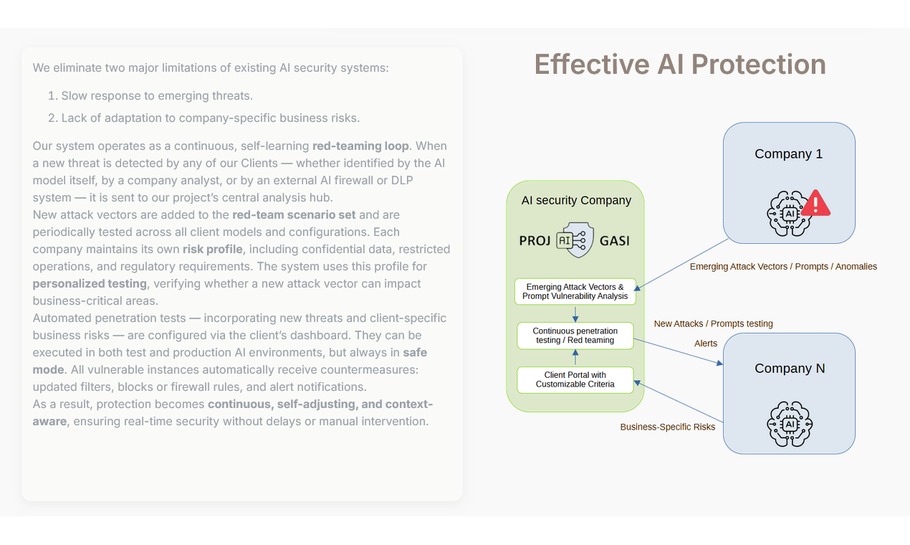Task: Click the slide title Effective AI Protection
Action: click(x=679, y=65)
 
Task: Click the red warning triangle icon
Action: click(x=815, y=204)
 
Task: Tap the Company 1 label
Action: click(x=788, y=154)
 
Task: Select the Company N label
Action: click(x=790, y=369)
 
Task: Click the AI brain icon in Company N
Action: click(x=790, y=425)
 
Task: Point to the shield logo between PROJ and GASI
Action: click(x=575, y=240)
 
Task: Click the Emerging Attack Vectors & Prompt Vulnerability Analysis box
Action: click(x=575, y=292)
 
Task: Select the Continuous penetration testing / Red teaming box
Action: click(x=575, y=336)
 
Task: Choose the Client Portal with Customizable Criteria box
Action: click(x=575, y=380)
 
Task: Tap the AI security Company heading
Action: click(x=576, y=201)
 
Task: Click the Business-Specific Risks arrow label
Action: click(x=667, y=427)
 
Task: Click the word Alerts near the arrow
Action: click(x=705, y=343)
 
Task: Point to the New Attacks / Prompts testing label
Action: click(x=713, y=324)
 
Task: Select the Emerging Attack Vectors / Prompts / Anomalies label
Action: click(x=783, y=267)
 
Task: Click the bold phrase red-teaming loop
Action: click(x=360, y=146)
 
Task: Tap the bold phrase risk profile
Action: click(x=212, y=250)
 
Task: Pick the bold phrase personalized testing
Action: click(x=90, y=284)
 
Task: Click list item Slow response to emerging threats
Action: click(x=156, y=96)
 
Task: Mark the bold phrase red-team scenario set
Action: click(x=294, y=215)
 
